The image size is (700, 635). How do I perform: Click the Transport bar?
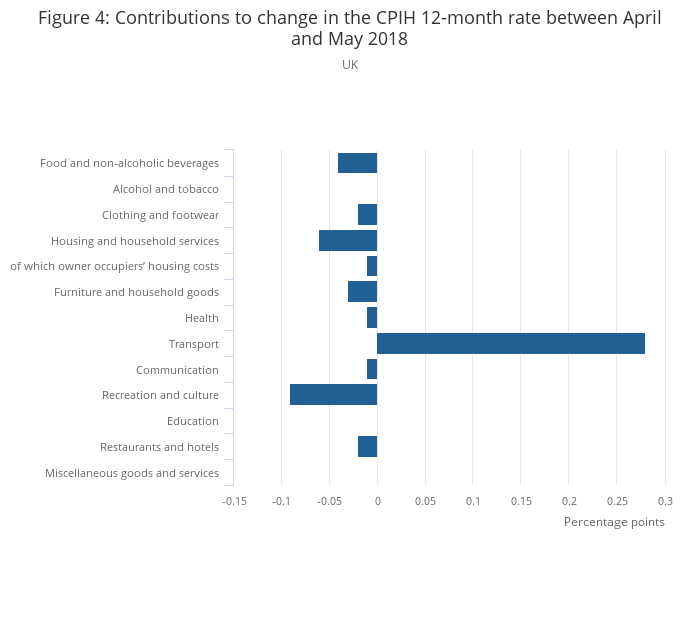pyautogui.click(x=511, y=343)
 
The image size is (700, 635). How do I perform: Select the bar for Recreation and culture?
pyautogui.click(x=333, y=395)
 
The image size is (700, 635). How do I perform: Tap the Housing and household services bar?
pyautogui.click(x=348, y=241)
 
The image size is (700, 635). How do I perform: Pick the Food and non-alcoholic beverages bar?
pyautogui.click(x=358, y=163)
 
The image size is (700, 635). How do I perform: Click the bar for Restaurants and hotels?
pyautogui.click(x=367, y=447)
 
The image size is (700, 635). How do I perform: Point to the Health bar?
pyautogui.click(x=372, y=318)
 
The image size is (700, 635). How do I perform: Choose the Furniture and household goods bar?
pyautogui.click(x=362, y=292)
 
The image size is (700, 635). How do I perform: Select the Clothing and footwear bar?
pyautogui.click(x=367, y=214)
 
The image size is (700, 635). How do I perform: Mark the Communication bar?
pyautogui.click(x=372, y=369)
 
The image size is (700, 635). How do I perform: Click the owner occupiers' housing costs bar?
pyautogui.click(x=372, y=266)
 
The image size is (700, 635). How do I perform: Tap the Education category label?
pyautogui.click(x=193, y=421)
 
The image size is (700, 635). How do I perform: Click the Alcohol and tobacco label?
pyautogui.click(x=166, y=189)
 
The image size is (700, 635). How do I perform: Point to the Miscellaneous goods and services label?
pyautogui.click(x=132, y=473)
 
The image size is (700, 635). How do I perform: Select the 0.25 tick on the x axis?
pyautogui.click(x=617, y=501)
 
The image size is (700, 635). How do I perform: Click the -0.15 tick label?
pyautogui.click(x=234, y=501)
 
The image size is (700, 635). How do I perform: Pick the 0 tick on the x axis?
pyautogui.click(x=378, y=501)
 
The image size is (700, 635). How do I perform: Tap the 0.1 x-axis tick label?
pyautogui.click(x=473, y=501)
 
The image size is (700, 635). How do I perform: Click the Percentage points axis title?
pyautogui.click(x=614, y=522)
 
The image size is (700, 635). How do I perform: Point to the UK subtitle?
pyautogui.click(x=350, y=65)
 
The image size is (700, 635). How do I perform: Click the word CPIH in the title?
pyautogui.click(x=396, y=18)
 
